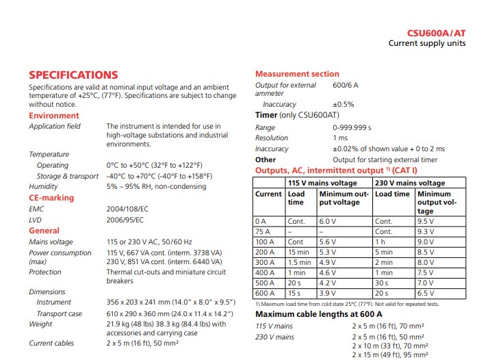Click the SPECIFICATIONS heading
pyautogui.click(x=73, y=75)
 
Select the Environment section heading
pyautogui.click(x=54, y=116)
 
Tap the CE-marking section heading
pyautogui.click(x=51, y=198)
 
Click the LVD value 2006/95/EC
pyautogui.click(x=125, y=220)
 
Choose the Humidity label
pyautogui.click(x=43, y=187)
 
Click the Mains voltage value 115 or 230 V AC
pyautogui.click(x=149, y=242)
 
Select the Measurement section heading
pyautogui.click(x=297, y=74)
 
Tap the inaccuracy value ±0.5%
pyautogui.click(x=344, y=105)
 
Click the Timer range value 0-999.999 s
pyautogui.click(x=352, y=127)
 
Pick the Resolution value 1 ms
pyautogui.click(x=340, y=138)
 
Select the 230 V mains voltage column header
pyautogui.click(x=409, y=183)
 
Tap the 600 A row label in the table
pyautogui.click(x=264, y=294)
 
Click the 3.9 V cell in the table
pyautogui.click(x=329, y=294)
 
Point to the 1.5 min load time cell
pyautogui.click(x=300, y=263)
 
